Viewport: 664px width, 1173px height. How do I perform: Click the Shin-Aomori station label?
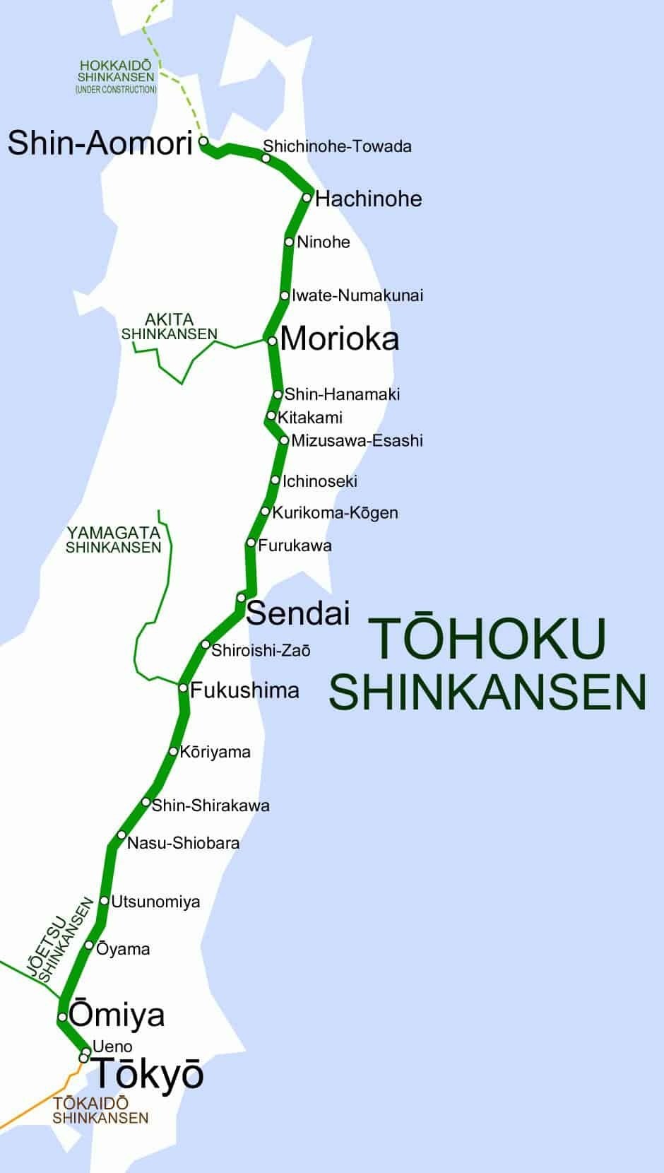(100, 143)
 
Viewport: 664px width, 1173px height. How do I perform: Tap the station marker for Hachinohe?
(307, 197)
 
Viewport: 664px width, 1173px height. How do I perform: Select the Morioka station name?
(340, 339)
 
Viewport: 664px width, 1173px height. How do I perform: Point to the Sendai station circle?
(241, 598)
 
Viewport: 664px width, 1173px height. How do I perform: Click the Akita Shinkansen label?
(170, 326)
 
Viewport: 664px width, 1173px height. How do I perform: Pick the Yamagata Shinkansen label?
(114, 540)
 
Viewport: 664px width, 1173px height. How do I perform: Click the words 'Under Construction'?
(116, 90)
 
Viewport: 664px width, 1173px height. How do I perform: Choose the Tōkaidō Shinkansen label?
(100, 1110)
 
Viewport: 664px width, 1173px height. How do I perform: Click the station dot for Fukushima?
(183, 688)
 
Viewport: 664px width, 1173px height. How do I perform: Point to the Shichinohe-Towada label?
(337, 146)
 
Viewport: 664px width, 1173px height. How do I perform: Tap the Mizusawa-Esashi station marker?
(284, 440)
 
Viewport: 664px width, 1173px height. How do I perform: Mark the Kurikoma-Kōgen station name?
(335, 512)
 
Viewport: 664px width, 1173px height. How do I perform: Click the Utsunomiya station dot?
(105, 901)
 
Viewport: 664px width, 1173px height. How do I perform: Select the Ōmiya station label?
(118, 1015)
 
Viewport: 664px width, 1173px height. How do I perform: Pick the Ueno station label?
(112, 1047)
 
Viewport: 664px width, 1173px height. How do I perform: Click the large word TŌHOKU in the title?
(487, 639)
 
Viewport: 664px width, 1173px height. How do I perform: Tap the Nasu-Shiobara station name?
(183, 843)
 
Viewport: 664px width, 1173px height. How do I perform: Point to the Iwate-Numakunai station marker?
(285, 295)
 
